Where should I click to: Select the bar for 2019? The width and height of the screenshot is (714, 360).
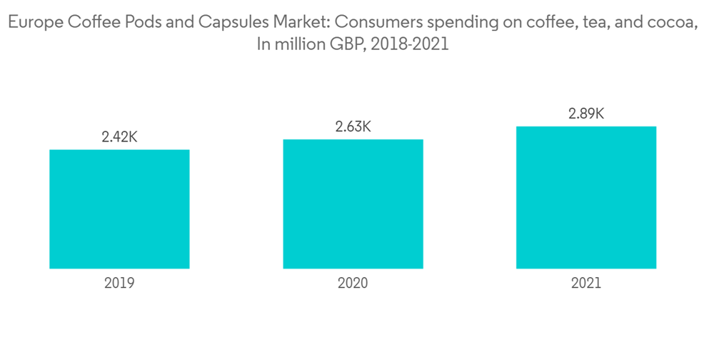coord(119,209)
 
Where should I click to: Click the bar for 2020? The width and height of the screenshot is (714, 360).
coord(353,204)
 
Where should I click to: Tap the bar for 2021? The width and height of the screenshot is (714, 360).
coord(586,197)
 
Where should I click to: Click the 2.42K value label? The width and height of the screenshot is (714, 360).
coord(119,138)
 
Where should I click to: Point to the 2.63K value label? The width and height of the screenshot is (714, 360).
coord(353,127)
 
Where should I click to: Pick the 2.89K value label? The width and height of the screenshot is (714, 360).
coord(586,114)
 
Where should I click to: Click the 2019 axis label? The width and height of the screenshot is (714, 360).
coord(119,283)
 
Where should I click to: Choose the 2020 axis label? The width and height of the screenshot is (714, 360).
coord(353,283)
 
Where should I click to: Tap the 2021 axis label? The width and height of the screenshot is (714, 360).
coord(586,283)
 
